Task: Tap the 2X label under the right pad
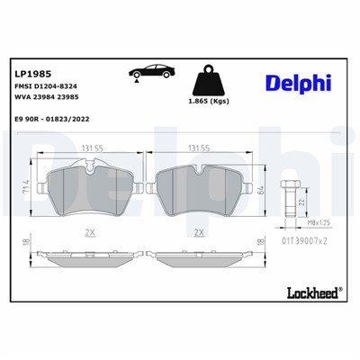[x=199, y=231]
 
